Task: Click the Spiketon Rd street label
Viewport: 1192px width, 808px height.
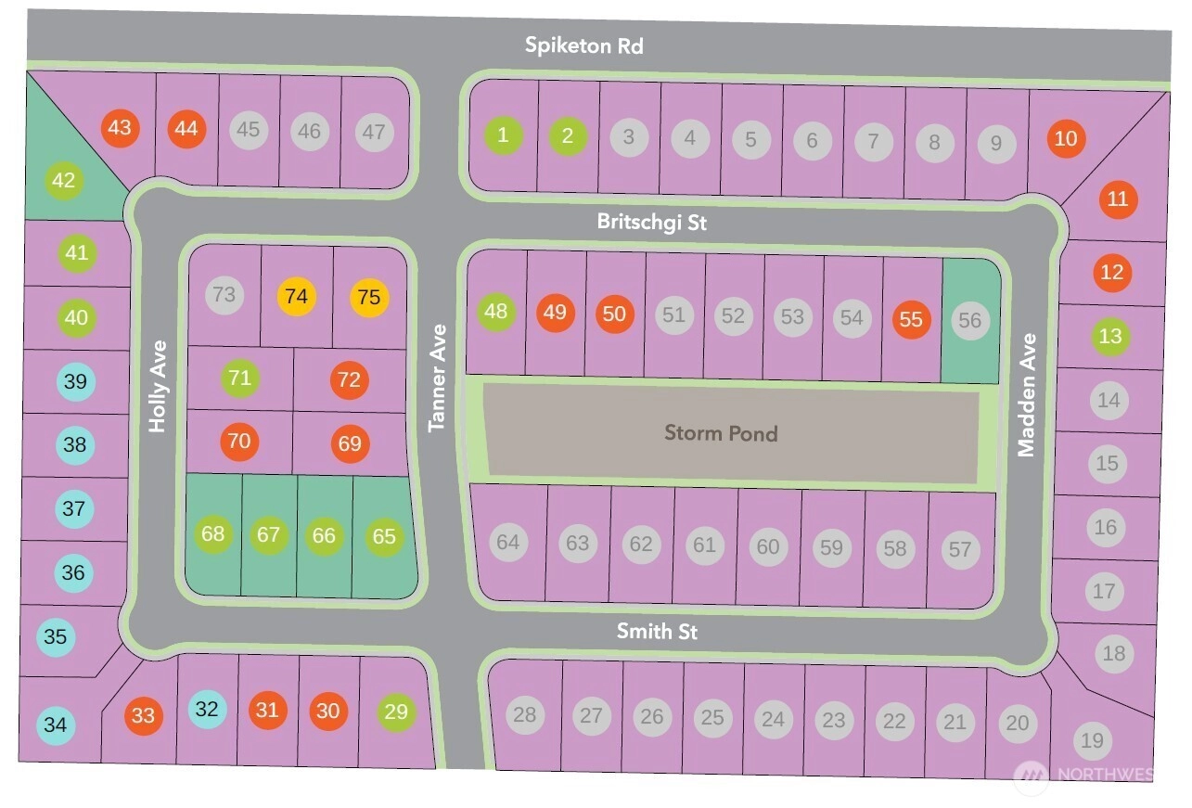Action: pos(583,45)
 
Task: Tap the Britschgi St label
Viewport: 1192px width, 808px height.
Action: pos(652,223)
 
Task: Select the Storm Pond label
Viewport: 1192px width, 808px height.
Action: pos(721,432)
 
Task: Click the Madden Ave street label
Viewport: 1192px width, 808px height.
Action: pos(1026,395)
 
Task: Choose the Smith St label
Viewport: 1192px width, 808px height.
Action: pos(657,632)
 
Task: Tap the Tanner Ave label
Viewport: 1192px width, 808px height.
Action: pos(438,378)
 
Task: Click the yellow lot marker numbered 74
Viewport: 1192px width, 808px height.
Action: pos(297,297)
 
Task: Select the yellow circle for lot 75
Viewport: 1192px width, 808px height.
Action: pos(369,297)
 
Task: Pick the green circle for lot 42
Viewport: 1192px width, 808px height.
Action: pos(63,180)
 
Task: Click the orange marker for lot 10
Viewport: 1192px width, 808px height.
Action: pos(1067,138)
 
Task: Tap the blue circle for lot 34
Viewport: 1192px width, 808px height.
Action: pos(56,725)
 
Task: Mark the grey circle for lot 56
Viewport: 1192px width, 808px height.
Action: pos(970,320)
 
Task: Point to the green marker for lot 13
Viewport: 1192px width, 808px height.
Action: pos(1110,337)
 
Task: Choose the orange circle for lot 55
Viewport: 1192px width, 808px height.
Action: pos(912,319)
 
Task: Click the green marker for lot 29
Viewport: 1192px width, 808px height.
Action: pos(396,712)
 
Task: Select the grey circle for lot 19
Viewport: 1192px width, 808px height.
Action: pos(1093,740)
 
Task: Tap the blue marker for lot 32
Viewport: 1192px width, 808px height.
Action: pos(208,710)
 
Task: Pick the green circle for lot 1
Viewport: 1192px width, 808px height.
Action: pos(503,135)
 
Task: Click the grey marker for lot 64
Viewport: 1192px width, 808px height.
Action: pos(507,542)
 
